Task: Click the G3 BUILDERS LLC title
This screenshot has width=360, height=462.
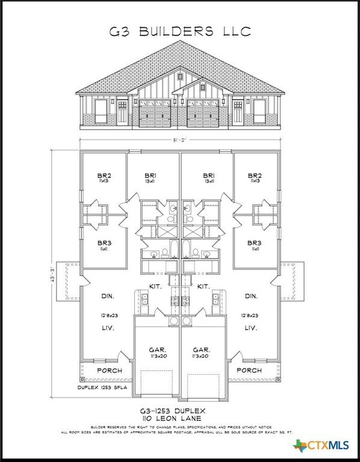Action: click(180, 31)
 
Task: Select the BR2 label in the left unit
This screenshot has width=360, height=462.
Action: click(104, 177)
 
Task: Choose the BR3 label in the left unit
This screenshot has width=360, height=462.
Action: click(104, 243)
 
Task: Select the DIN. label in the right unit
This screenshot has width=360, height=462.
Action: click(252, 296)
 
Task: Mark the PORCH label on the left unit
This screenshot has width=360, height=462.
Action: click(110, 371)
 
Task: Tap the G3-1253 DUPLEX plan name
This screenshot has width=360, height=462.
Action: click(180, 409)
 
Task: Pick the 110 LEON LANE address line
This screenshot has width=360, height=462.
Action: click(180, 417)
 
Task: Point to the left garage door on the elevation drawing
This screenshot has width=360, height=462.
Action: click(155, 114)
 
